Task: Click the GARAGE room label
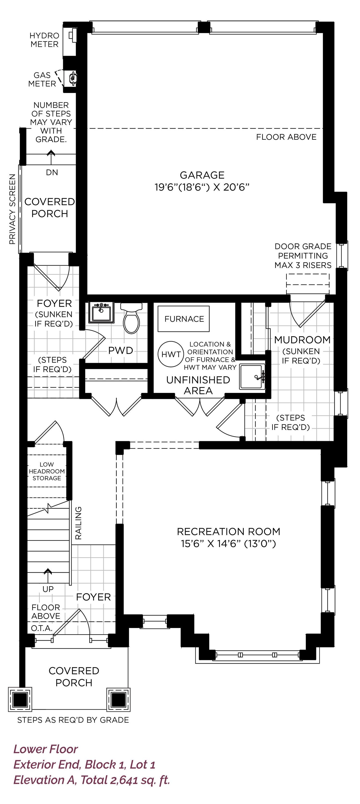pyautogui.click(x=202, y=175)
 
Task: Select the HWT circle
pyautogui.click(x=171, y=354)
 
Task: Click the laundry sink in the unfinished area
pyautogui.click(x=252, y=377)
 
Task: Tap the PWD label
pyautogui.click(x=120, y=351)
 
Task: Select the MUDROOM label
pyautogui.click(x=302, y=340)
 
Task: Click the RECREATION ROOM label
pyautogui.click(x=229, y=531)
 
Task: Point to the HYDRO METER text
pyautogui.click(x=44, y=40)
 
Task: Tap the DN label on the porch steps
pyautogui.click(x=52, y=172)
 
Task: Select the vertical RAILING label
pyautogui.click(x=78, y=523)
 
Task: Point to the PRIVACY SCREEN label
pyautogui.click(x=12, y=209)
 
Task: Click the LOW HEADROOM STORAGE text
pyautogui.click(x=47, y=471)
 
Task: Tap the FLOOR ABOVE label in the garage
pyautogui.click(x=286, y=137)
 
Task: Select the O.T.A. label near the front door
pyautogui.click(x=42, y=628)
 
